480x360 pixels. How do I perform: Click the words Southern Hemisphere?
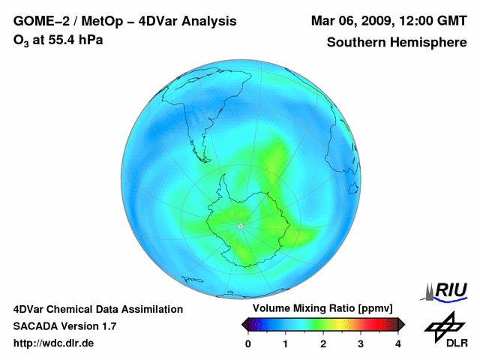click(x=397, y=42)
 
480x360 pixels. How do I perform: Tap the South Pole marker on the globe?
click(x=240, y=225)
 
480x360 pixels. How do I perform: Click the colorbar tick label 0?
click(x=248, y=344)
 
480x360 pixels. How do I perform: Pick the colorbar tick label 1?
click(x=286, y=344)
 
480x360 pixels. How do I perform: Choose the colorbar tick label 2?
click(x=323, y=344)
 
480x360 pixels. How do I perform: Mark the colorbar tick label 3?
click(x=361, y=344)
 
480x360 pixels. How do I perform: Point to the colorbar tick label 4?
click(x=398, y=344)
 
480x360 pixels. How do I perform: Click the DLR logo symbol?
click(x=444, y=326)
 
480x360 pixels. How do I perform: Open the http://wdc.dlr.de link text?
click(x=53, y=343)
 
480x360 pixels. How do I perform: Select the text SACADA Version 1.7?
click(x=64, y=326)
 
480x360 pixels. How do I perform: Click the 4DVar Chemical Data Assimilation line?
click(x=97, y=309)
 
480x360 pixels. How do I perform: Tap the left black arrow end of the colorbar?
click(x=245, y=324)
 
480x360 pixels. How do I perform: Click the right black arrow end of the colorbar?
click(x=401, y=324)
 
